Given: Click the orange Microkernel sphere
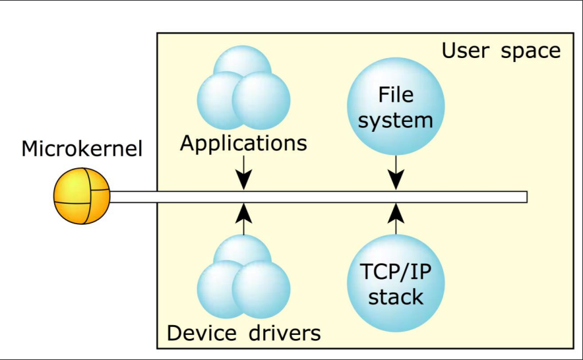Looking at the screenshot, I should coord(81,196).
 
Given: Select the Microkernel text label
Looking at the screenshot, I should coord(82,148).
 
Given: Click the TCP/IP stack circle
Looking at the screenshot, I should coord(396,284).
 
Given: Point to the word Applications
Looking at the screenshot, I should coord(244,143).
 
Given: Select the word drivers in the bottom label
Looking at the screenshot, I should coord(285,333).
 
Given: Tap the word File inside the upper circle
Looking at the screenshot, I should coord(396,95).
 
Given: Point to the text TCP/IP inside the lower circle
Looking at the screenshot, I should coord(396,272).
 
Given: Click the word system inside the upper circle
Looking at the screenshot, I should coord(396,119).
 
